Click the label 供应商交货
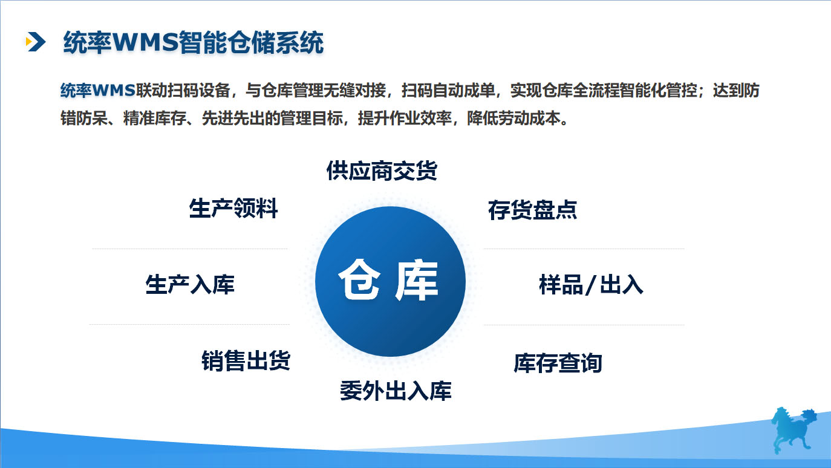coord(381,171)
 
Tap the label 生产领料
coord(233,209)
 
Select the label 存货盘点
coord(532,210)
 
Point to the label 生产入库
coord(190,284)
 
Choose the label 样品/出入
coord(590,284)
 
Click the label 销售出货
coord(246,360)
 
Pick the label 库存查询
coord(558,363)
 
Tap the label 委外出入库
coord(396,391)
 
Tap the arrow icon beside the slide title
coord(36,41)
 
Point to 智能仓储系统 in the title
coord(252,43)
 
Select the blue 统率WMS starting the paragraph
coord(97,91)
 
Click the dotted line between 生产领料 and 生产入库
coord(189,249)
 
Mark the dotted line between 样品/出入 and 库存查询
coord(584,325)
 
